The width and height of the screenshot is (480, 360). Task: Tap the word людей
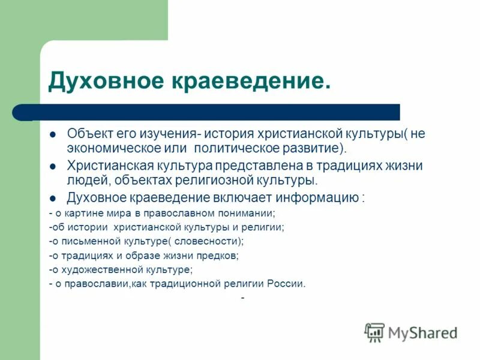point(86,179)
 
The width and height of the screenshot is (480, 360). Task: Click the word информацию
point(325,197)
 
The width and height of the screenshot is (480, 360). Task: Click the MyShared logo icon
point(374,332)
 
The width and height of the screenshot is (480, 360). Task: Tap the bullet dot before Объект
point(52,134)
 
